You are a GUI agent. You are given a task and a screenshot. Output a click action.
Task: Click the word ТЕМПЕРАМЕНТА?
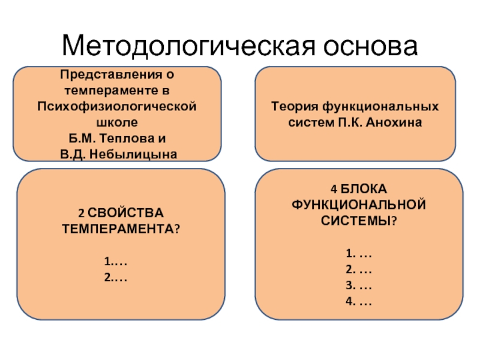(121, 229)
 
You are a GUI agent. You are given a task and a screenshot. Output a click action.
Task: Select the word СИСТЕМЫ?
(359, 220)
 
